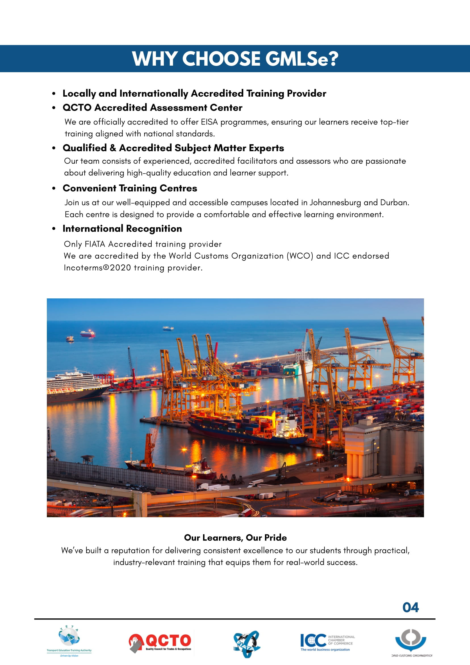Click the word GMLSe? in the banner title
tap(302, 59)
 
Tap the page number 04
tap(410, 607)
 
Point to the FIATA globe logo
tap(246, 644)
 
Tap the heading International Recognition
tap(122, 228)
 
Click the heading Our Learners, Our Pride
tap(235, 538)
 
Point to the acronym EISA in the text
tap(209, 122)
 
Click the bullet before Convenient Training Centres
tap(54, 188)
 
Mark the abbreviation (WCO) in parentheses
tap(300, 256)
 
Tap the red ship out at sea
tap(87, 334)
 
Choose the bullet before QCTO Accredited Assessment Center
tap(54, 108)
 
